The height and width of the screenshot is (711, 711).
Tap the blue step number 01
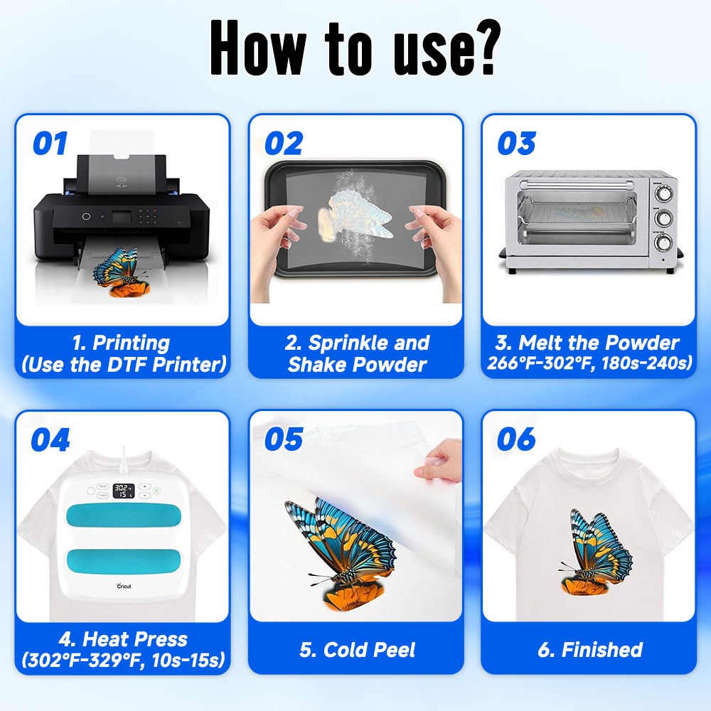click(50, 144)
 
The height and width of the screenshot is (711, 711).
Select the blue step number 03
click(516, 144)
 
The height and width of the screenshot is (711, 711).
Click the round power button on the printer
click(86, 217)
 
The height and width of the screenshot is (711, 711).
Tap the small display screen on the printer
click(122, 217)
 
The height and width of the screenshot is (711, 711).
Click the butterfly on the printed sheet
click(122, 272)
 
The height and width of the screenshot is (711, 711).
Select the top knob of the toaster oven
click(663, 194)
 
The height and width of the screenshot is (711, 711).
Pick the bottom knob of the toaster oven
click(663, 243)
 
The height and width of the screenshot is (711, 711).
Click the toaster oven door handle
click(577, 185)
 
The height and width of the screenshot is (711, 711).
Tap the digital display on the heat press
click(123, 491)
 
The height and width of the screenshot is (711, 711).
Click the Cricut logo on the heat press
click(124, 586)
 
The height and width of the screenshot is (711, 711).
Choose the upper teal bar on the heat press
click(123, 515)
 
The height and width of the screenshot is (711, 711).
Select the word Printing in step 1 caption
click(131, 343)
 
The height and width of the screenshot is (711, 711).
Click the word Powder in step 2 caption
click(390, 365)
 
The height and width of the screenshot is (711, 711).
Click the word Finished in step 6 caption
click(602, 650)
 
